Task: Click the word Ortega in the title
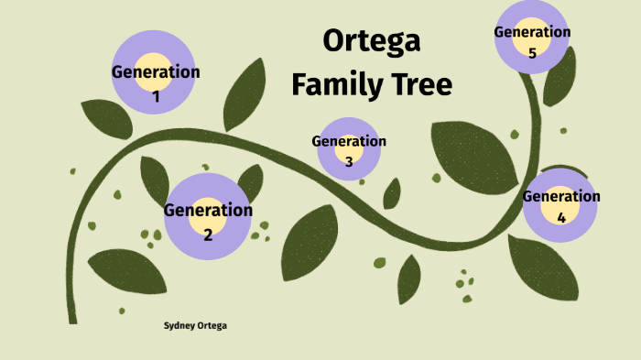(372, 42)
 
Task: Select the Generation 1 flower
(155, 72)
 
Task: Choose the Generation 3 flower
(349, 147)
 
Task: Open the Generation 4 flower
(560, 205)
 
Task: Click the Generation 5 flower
(532, 37)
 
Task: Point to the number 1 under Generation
(155, 95)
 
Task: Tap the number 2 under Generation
(208, 235)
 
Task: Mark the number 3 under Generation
(349, 162)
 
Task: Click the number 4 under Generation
(560, 218)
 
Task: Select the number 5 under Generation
(532, 53)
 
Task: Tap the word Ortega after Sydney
(212, 325)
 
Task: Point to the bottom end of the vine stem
(72, 320)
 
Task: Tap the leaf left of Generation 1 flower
(106, 118)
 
